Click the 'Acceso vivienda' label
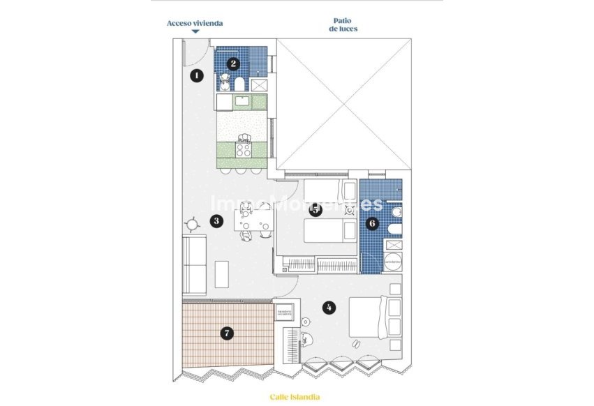coord(195,23)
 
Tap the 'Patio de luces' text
coord(343,25)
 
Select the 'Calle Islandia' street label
coord(295,397)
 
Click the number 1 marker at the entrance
coord(197,75)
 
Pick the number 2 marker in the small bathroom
coord(234,63)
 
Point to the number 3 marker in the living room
coord(216,221)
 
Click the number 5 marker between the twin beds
coord(315,211)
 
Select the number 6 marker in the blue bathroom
coord(372,223)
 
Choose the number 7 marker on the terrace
coord(226,333)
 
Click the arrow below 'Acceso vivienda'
coord(195,31)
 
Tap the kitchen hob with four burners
coord(244,149)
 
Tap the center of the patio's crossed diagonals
coord(343,104)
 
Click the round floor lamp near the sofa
coord(192,224)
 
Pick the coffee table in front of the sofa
coord(222,273)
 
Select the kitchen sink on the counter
coord(242,102)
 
